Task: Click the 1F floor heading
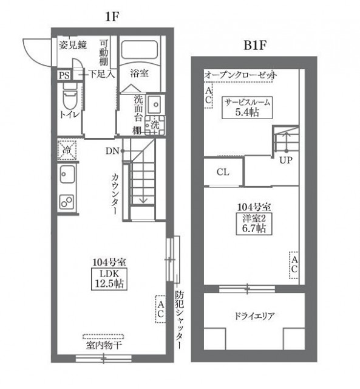(x=112, y=17)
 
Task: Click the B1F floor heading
(x=255, y=46)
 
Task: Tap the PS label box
(x=64, y=75)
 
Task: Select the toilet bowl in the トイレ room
(x=70, y=97)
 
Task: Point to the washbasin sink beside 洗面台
(x=155, y=105)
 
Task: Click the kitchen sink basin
(x=67, y=174)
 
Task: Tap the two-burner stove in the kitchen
(x=67, y=201)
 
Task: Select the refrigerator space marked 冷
(x=67, y=150)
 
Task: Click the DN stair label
(x=112, y=151)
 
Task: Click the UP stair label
(x=286, y=160)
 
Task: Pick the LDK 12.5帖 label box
(x=109, y=279)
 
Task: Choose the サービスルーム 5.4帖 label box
(x=247, y=108)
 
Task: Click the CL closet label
(x=223, y=172)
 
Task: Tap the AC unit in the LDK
(x=160, y=309)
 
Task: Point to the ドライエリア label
(x=254, y=316)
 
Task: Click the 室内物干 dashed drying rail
(x=103, y=337)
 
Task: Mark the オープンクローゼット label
(x=240, y=75)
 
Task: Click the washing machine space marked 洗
(x=155, y=125)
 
